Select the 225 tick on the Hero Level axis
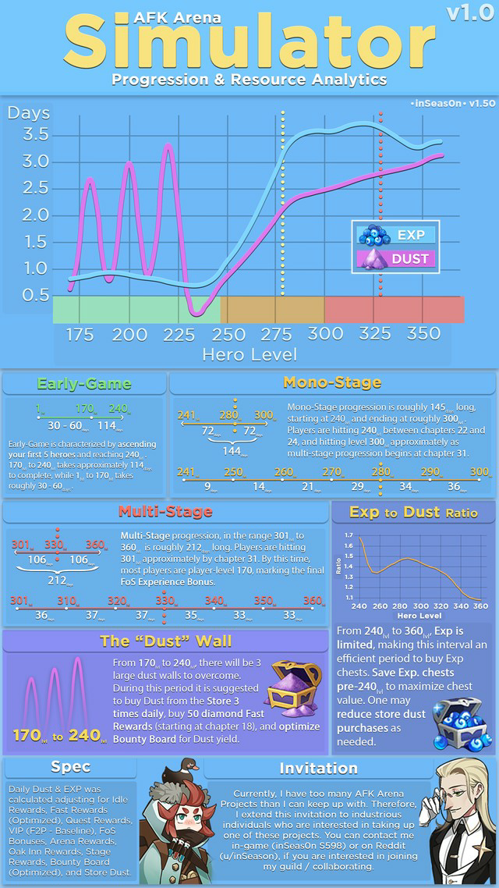(x=180, y=334)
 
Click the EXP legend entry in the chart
(x=395, y=234)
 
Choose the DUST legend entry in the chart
(x=395, y=258)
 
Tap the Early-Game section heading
(x=85, y=383)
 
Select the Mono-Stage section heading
(x=331, y=382)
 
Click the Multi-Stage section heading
(x=165, y=511)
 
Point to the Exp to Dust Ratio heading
(x=414, y=512)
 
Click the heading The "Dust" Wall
(x=165, y=641)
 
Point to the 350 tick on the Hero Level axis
(x=425, y=334)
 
